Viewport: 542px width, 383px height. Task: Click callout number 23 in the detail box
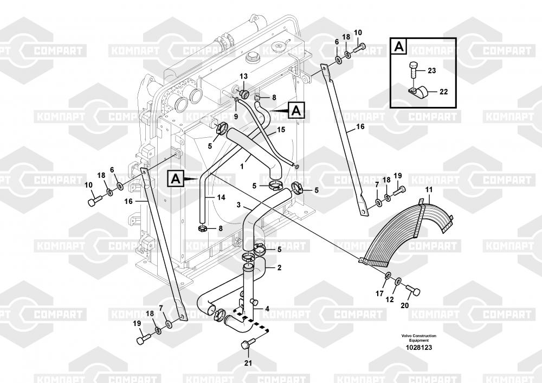point(431,71)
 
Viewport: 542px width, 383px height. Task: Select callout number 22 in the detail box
point(443,92)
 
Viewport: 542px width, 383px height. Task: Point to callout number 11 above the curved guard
point(429,189)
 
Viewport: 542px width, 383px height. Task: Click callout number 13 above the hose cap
point(243,76)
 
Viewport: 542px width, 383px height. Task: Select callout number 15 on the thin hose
point(281,130)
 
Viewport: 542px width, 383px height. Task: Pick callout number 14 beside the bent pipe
point(221,198)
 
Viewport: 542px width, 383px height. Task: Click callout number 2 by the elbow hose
point(279,267)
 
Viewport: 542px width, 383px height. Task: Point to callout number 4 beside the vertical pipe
point(267,309)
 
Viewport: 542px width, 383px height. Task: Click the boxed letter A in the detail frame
point(398,47)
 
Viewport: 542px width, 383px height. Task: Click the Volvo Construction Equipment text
point(418,338)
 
